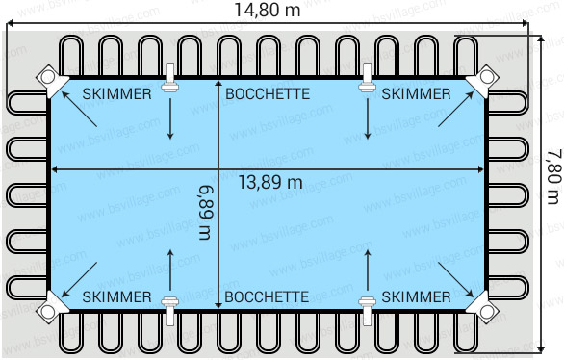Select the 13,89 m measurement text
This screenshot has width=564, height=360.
point(270,182)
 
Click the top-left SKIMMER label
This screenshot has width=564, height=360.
point(116,93)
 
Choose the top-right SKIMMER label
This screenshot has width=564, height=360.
point(416,93)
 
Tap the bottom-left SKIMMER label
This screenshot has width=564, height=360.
point(116,296)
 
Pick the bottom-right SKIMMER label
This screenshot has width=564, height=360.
point(416,296)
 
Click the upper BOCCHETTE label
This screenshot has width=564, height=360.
point(267,93)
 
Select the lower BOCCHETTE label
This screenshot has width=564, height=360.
point(267,296)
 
